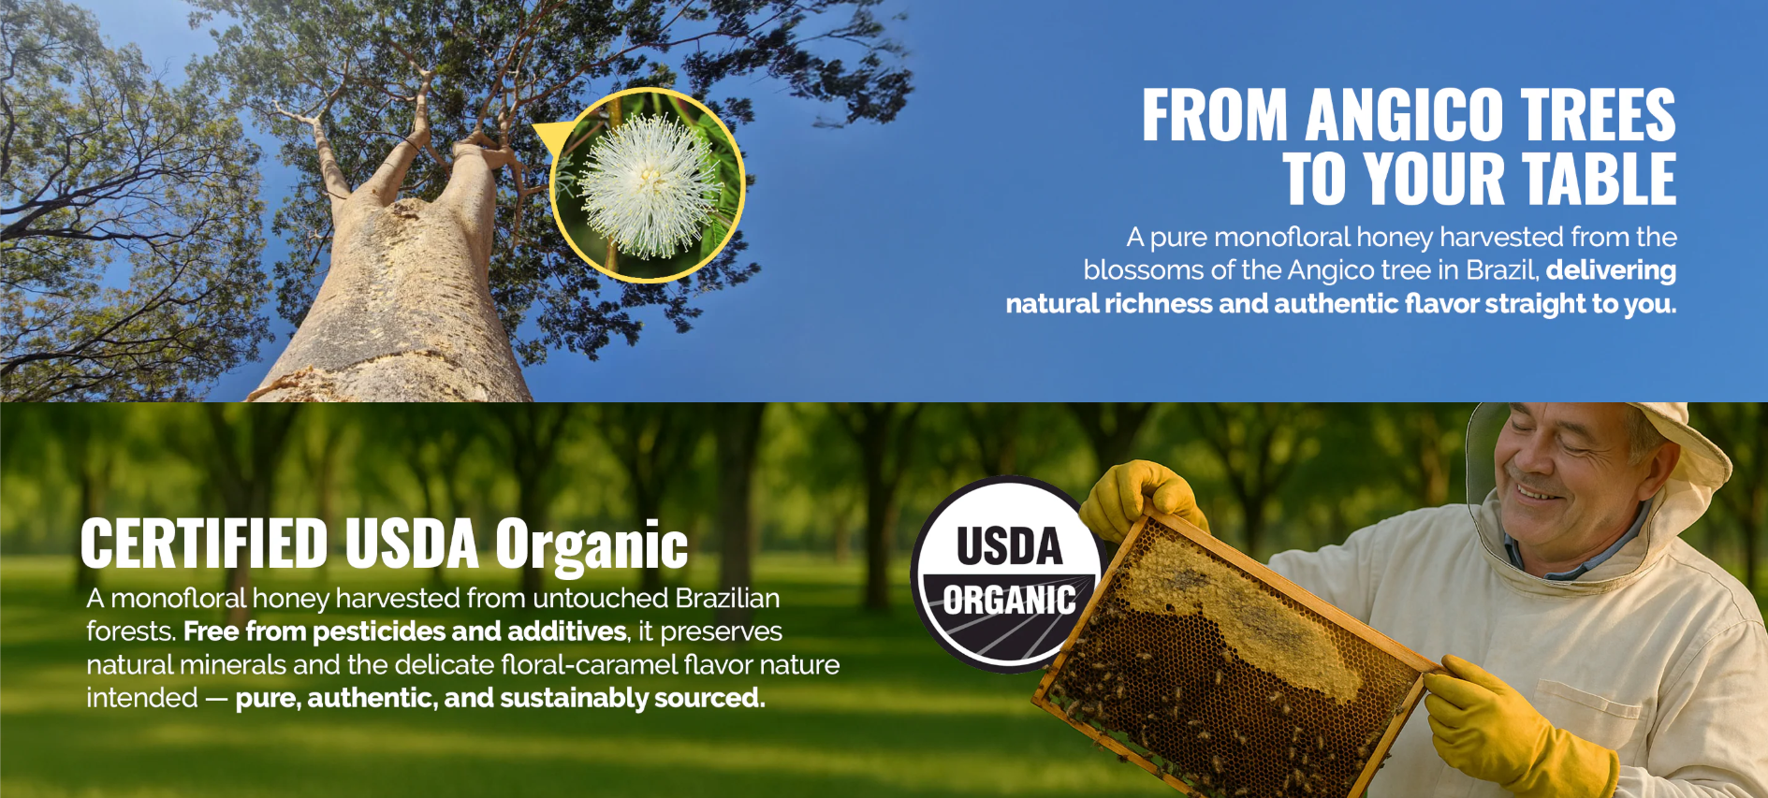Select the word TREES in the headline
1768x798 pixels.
[1598, 116]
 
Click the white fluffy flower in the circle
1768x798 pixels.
[648, 185]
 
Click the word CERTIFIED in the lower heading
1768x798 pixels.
[204, 544]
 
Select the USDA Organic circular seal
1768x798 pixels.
[1007, 574]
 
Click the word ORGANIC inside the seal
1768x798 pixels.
[1009, 601]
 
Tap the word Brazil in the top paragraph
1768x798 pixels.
[1502, 270]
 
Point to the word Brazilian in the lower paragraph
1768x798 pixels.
[727, 599]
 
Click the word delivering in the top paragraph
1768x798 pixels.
[1611, 271]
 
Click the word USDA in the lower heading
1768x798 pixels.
[412, 544]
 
